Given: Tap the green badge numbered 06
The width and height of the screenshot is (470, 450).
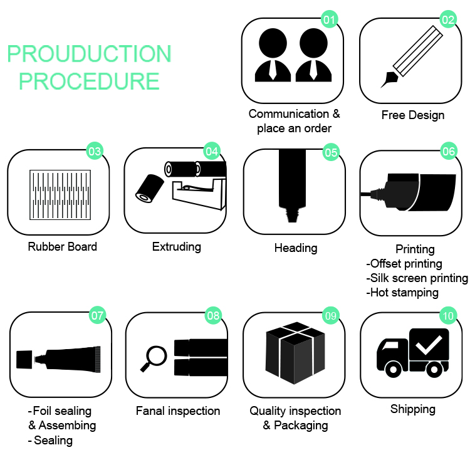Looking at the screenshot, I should click(x=449, y=151).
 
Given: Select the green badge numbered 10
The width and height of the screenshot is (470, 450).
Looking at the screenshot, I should click(x=447, y=316).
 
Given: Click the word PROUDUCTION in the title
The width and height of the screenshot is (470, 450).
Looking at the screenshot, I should click(x=89, y=54).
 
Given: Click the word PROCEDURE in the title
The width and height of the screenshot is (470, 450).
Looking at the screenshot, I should click(x=88, y=81).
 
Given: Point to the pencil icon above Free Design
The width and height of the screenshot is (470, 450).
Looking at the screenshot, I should click(x=411, y=57).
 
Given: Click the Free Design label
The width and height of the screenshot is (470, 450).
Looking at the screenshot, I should click(x=413, y=115).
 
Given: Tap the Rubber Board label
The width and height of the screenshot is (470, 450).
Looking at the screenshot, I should click(x=63, y=247).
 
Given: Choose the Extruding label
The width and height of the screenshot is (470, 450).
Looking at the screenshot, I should click(x=177, y=246).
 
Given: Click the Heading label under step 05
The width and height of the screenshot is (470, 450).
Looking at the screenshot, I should click(x=296, y=248).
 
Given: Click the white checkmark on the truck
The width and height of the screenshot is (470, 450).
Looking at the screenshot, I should click(x=431, y=344).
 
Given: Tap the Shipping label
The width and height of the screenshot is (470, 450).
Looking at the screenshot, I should click(x=413, y=409).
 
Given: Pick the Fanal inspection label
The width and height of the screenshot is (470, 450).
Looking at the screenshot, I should click(x=178, y=411).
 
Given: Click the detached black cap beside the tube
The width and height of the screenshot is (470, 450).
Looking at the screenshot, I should click(x=24, y=359).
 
